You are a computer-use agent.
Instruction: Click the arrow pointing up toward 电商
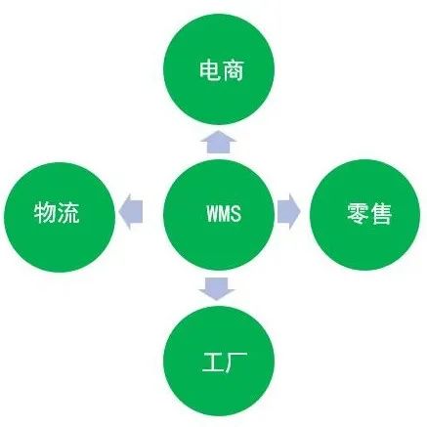218,142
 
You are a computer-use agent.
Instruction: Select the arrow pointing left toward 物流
131,212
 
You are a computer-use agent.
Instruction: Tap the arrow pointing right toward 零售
288,212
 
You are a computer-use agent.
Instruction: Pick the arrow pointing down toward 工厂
217,288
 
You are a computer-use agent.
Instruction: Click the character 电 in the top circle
209,69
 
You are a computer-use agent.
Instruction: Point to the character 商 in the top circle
234,69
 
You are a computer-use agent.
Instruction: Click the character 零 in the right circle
357,214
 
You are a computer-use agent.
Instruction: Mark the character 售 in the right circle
380,214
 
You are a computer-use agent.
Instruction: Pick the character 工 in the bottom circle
213,362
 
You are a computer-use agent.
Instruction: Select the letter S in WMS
236,213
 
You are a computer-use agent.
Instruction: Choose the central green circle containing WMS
219,215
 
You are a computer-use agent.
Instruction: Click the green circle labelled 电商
219,68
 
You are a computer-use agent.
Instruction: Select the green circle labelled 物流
60,217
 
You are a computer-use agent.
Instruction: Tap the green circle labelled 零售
365,215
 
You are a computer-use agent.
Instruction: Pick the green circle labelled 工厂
219,361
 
